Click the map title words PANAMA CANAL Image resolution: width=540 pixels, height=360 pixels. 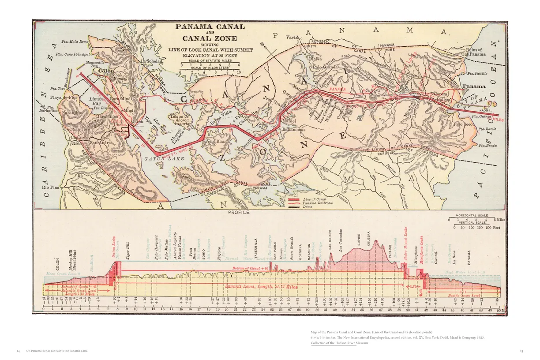(x=210, y=26)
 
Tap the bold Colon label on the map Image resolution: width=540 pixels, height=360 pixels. (x=106, y=71)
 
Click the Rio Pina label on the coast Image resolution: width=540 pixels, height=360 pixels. (x=51, y=187)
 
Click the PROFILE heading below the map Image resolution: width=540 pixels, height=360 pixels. (x=239, y=212)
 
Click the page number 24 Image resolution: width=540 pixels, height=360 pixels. (x=19, y=351)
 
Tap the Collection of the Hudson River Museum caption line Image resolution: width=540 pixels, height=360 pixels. (x=333, y=343)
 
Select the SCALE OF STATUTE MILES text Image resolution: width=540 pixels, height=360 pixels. (x=210, y=60)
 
